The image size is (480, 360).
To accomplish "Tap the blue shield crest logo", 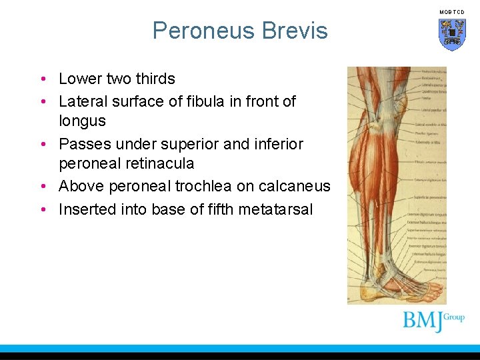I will [x=452, y=34].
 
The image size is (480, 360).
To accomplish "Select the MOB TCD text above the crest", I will [x=452, y=13].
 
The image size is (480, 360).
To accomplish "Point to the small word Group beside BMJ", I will [x=453, y=317].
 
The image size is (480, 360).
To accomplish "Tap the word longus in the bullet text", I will [x=82, y=121].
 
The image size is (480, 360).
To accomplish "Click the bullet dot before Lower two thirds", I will [x=43, y=79].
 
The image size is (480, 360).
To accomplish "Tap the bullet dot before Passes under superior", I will [x=43, y=145].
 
